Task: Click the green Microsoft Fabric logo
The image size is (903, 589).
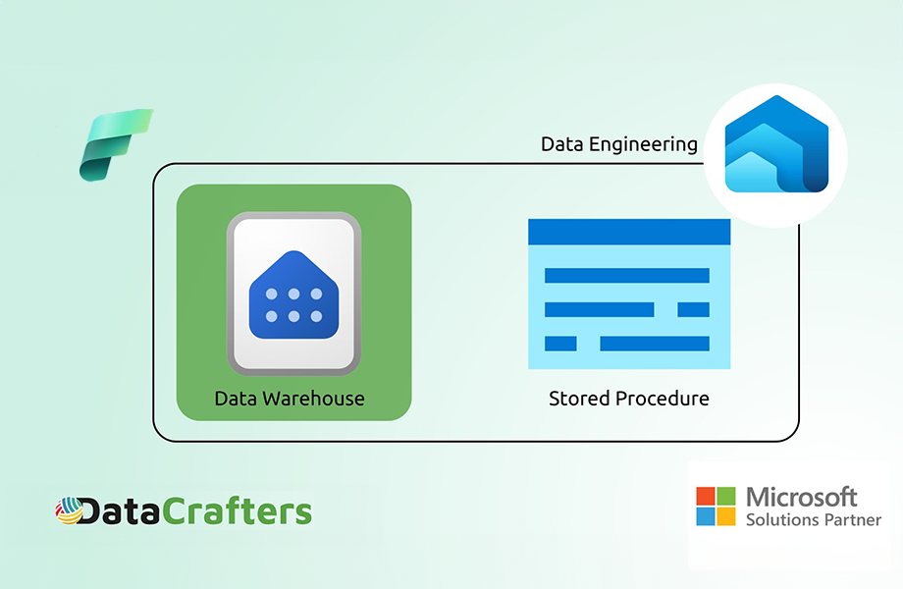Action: click(115, 145)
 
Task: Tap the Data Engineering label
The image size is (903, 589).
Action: click(619, 144)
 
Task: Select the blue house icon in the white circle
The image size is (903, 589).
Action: click(776, 144)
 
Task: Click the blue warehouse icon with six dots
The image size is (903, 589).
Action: click(293, 294)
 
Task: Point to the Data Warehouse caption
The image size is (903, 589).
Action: click(290, 399)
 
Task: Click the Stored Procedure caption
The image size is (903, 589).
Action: click(629, 399)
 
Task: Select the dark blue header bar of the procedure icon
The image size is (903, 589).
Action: click(629, 232)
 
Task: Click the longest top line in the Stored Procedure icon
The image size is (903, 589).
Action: click(627, 275)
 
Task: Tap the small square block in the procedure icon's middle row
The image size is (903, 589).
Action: click(693, 310)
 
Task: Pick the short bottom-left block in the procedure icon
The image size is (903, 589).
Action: click(560, 344)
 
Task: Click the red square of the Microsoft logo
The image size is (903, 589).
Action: click(706, 496)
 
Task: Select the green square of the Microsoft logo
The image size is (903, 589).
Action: click(726, 496)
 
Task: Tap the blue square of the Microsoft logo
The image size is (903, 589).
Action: click(706, 516)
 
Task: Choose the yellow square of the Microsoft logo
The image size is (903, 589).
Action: click(726, 516)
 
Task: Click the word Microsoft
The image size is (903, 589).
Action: click(802, 497)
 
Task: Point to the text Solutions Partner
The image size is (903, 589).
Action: click(814, 520)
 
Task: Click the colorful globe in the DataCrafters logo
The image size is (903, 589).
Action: click(69, 510)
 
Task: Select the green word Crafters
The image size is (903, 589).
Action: click(237, 510)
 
